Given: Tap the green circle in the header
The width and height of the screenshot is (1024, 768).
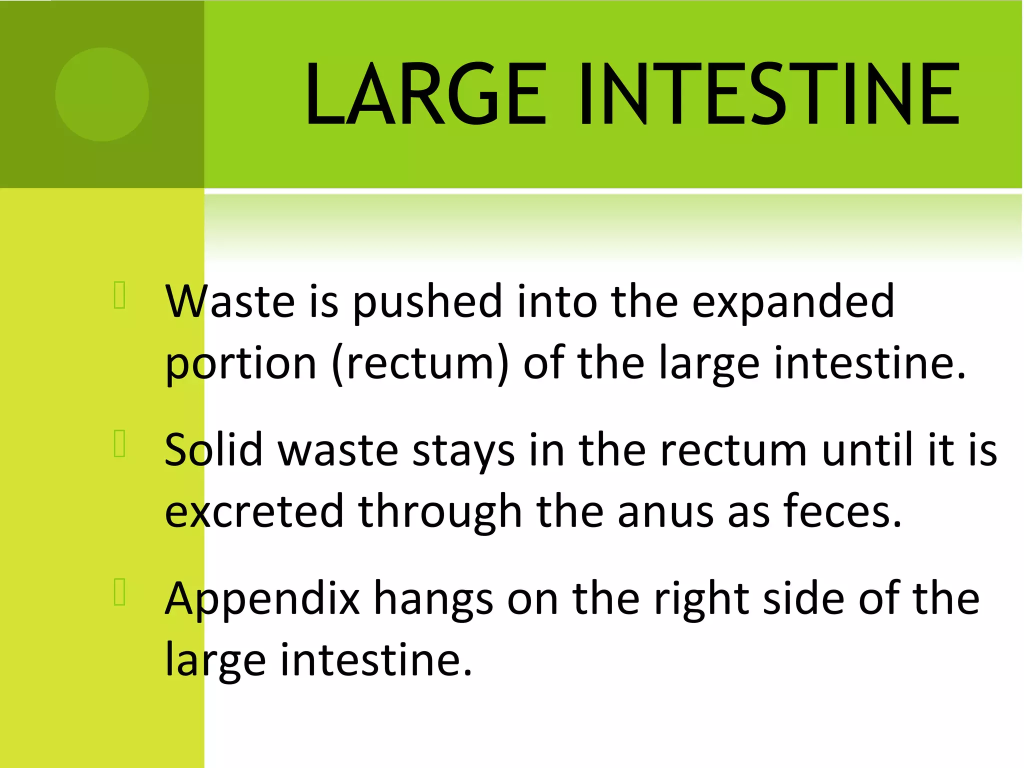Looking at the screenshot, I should pyautogui.click(x=102, y=94).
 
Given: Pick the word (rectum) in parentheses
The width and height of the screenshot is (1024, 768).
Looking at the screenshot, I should pyautogui.click(x=420, y=363).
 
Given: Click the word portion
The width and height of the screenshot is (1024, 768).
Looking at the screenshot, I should pyautogui.click(x=240, y=363).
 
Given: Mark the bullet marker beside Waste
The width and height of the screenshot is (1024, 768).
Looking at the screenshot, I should pyautogui.click(x=119, y=295).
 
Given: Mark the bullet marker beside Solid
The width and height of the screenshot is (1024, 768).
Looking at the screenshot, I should pyautogui.click(x=119, y=443).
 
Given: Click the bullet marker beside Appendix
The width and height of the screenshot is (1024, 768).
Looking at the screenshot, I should pyautogui.click(x=119, y=592).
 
